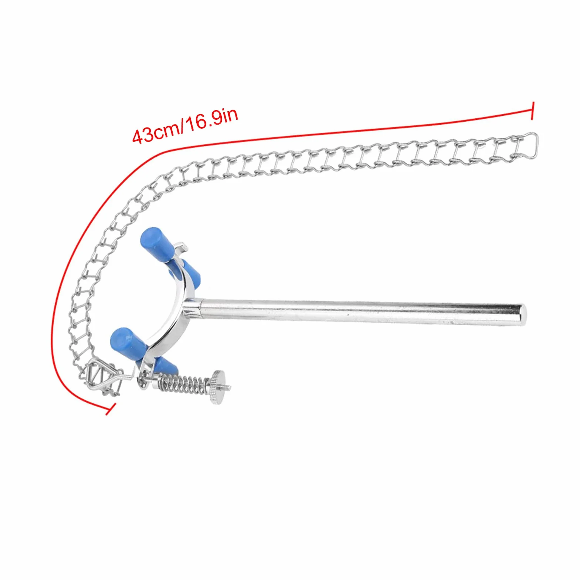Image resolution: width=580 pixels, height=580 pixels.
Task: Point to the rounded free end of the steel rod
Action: point(522,313)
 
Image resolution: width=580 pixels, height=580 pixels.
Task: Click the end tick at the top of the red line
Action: point(532,111)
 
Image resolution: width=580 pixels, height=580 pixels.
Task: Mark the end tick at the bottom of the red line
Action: point(111,409)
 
